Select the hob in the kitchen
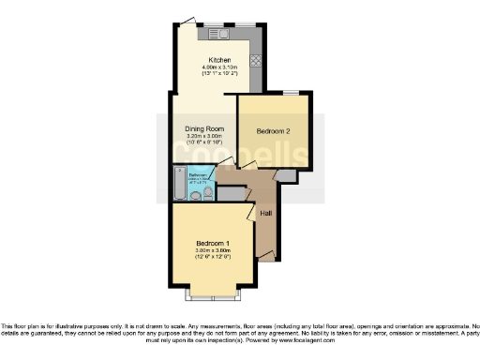coord(256,60)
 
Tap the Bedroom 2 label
coord(274,131)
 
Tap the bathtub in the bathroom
coord(178,185)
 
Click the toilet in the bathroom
coord(204,194)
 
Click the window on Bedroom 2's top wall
coord(292,92)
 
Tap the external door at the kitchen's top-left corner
coord(188,20)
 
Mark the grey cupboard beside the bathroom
coord(230,191)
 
